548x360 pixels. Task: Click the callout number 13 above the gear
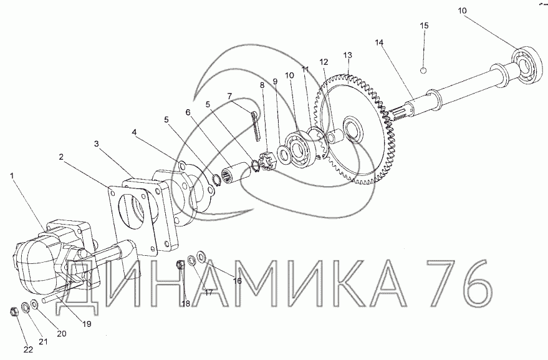pos(347,56)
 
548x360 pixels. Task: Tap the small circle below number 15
pos(423,71)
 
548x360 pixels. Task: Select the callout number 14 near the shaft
pos(379,42)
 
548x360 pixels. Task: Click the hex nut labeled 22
pos(14,310)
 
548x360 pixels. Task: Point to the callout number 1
pos(12,175)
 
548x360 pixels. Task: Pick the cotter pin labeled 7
pos(256,126)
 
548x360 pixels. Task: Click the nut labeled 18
pos(180,265)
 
